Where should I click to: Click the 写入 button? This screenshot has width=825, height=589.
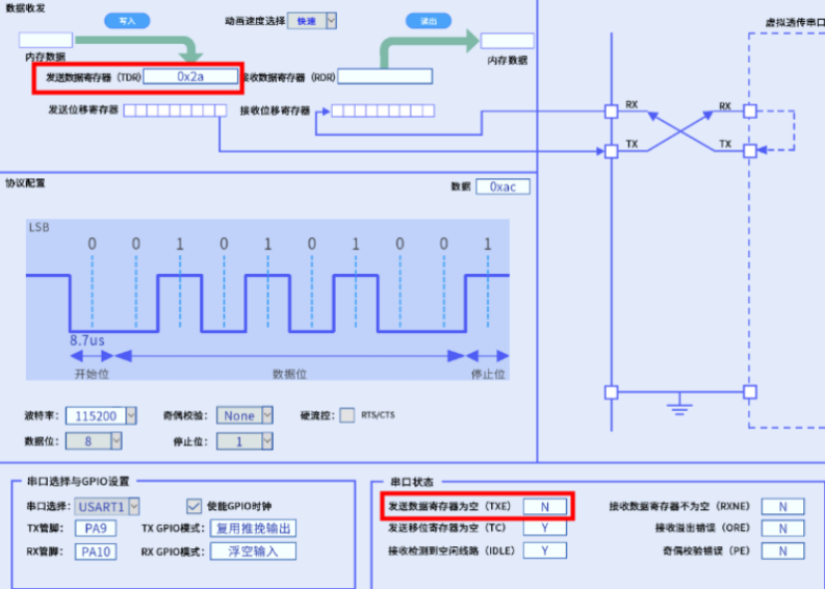coord(126,20)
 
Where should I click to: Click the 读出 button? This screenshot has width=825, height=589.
coord(428,20)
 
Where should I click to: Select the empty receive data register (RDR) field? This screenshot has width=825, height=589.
coord(385,77)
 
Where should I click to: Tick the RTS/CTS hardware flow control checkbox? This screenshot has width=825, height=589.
coord(348,415)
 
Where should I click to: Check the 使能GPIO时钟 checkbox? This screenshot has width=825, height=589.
coord(194,506)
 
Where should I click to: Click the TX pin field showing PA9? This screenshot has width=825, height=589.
coord(95,528)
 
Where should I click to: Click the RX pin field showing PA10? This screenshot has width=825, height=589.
coord(95,551)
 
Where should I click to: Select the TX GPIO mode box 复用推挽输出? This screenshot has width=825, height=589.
coord(254,528)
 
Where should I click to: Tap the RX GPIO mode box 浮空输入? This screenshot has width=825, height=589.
coord(254,551)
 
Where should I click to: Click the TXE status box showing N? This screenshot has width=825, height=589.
coord(545,506)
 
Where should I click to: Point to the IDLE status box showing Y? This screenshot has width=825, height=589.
coord(545,550)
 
